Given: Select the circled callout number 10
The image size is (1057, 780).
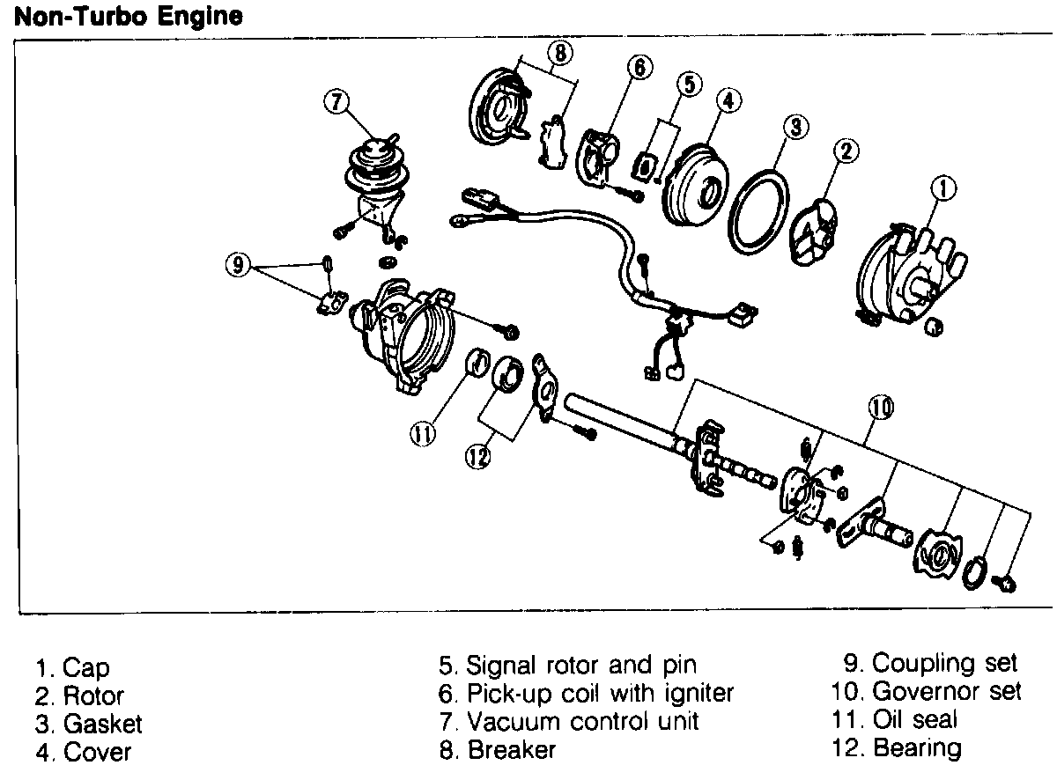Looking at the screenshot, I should pos(882,407).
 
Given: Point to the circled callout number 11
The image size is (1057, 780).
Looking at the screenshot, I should pos(424,432).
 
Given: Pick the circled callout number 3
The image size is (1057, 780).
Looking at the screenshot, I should pos(795,127).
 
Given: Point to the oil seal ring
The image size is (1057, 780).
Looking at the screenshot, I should pos(476,363).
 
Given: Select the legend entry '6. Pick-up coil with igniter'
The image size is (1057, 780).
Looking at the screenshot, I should pos(587,692).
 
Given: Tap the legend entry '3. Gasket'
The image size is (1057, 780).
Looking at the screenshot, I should pos(89,724).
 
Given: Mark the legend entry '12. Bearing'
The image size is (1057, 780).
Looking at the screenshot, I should pos(897,748).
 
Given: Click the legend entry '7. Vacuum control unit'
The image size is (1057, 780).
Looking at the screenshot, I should pos(569,721).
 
